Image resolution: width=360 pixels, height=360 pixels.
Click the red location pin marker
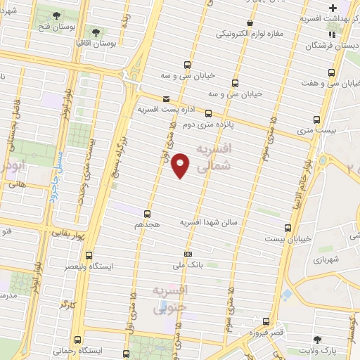(181, 165)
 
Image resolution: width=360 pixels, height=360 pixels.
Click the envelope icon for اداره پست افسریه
(166, 99)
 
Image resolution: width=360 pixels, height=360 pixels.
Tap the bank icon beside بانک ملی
(188, 253)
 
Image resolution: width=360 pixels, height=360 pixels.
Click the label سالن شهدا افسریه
(211, 222)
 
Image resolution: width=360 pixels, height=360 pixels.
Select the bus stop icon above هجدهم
(147, 213)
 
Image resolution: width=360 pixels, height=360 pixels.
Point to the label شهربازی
(327, 259)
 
